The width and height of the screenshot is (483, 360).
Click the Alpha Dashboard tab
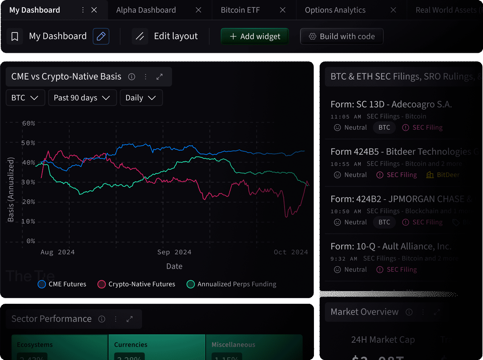[x=146, y=10]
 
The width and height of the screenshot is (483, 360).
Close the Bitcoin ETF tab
[x=283, y=10]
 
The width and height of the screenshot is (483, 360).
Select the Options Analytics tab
[x=335, y=10]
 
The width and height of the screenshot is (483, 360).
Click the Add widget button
[x=255, y=36]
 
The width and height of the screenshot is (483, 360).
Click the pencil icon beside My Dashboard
[x=101, y=36]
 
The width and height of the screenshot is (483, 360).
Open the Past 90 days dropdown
[x=82, y=98]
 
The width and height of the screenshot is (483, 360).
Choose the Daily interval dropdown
[x=141, y=98]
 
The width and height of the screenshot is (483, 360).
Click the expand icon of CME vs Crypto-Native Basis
[x=160, y=77]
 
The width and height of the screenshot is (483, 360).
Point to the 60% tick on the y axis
[x=28, y=123]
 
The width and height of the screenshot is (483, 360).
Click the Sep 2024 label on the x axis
[x=174, y=252]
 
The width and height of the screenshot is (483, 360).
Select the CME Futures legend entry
[x=62, y=284]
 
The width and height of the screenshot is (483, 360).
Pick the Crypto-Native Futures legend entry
[x=137, y=284]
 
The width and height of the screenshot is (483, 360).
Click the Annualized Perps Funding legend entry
[x=232, y=284]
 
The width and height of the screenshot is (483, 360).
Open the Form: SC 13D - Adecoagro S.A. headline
[x=391, y=104]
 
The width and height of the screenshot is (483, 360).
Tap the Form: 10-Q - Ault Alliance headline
[x=391, y=246]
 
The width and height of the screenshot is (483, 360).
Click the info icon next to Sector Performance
[x=102, y=319]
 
